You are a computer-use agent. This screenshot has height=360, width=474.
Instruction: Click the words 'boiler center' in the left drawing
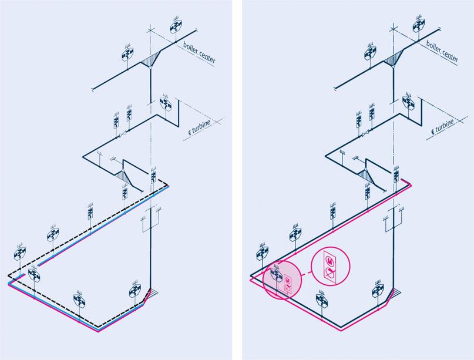pos(199,52)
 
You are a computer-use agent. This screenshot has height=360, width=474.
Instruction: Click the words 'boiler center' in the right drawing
pos(442,51)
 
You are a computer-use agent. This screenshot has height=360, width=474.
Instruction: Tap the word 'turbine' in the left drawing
pos(201,127)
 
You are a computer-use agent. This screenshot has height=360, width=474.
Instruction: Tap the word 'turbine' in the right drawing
pos(445,126)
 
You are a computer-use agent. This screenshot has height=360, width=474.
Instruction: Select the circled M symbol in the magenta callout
pos(331,260)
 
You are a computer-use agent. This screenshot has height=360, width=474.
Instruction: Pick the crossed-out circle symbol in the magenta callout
pos(331,273)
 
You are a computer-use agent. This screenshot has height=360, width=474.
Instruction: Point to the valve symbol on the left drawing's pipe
pos(123,134)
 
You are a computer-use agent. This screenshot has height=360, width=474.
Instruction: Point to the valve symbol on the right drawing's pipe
pos(366,133)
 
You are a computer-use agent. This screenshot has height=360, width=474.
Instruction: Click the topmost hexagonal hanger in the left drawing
pos(176,26)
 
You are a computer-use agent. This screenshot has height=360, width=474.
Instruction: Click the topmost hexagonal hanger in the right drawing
pos(419,25)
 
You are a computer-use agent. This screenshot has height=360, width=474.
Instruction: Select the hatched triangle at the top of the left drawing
pos(152,59)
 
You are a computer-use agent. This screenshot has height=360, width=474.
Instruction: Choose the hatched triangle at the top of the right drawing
pos(394,58)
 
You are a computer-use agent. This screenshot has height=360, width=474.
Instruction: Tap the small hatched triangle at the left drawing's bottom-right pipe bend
pos(153,292)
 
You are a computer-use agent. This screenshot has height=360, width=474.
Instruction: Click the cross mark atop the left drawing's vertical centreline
pos(150,30)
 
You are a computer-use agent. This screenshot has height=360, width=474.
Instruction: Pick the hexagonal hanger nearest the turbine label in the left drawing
pos(166,103)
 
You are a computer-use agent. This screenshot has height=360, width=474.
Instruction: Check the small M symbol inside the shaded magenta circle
pos(287,280)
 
